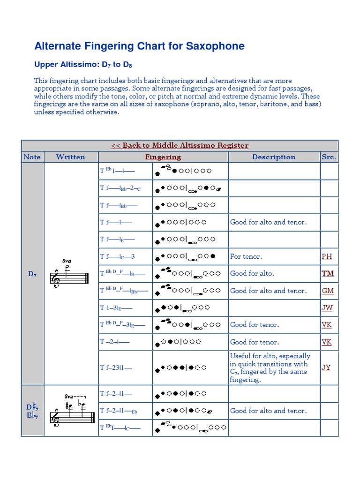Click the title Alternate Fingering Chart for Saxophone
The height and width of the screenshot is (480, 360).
pyautogui.click(x=139, y=46)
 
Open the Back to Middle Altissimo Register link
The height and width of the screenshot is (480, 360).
pyautogui.click(x=180, y=145)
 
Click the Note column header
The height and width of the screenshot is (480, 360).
pyautogui.click(x=32, y=157)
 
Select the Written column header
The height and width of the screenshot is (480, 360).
pyautogui.click(x=70, y=157)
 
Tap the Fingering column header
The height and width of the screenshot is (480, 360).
pyautogui.click(x=163, y=157)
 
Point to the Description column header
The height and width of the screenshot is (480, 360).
pyautogui.click(x=274, y=157)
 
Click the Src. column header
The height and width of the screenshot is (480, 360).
pyautogui.click(x=329, y=157)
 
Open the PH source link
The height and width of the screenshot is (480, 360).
pyautogui.click(x=327, y=256)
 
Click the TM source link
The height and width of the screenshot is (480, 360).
pyautogui.click(x=328, y=273)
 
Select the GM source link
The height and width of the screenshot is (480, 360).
pyautogui.click(x=328, y=291)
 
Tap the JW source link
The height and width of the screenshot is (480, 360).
pyautogui.click(x=327, y=307)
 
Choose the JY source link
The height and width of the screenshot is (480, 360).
pyautogui.click(x=326, y=367)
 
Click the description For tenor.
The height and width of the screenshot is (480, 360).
pyautogui.click(x=246, y=256)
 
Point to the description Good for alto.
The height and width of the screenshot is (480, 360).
pyautogui.click(x=252, y=273)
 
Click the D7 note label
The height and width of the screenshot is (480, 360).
pyautogui.click(x=32, y=274)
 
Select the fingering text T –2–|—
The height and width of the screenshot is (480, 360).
pyautogui.click(x=114, y=342)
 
